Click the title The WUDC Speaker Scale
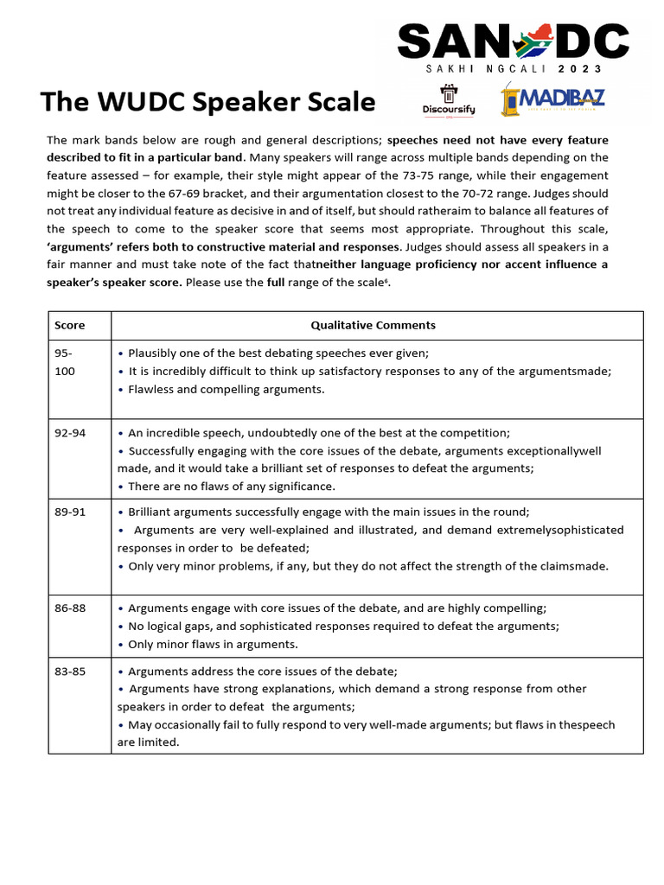(207, 102)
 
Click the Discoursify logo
(447, 100)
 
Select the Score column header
(70, 325)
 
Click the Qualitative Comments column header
(373, 325)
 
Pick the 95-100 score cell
(65, 362)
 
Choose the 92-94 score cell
(70, 433)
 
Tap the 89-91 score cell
(70, 513)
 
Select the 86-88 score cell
(70, 608)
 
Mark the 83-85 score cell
(70, 672)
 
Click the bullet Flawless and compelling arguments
(226, 389)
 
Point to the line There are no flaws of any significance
(231, 487)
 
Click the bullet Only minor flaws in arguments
(212, 644)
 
